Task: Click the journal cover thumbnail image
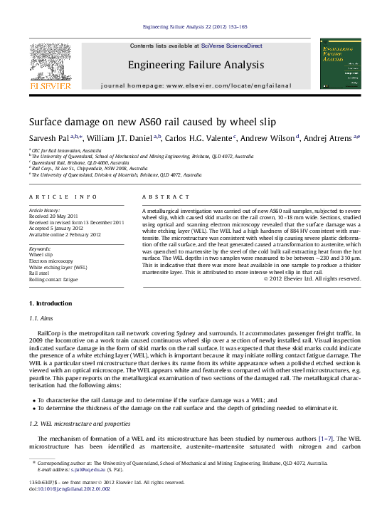click(339, 64)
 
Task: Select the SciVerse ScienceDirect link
click(231, 46)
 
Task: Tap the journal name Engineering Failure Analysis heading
click(196, 65)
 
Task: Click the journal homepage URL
click(228, 85)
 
